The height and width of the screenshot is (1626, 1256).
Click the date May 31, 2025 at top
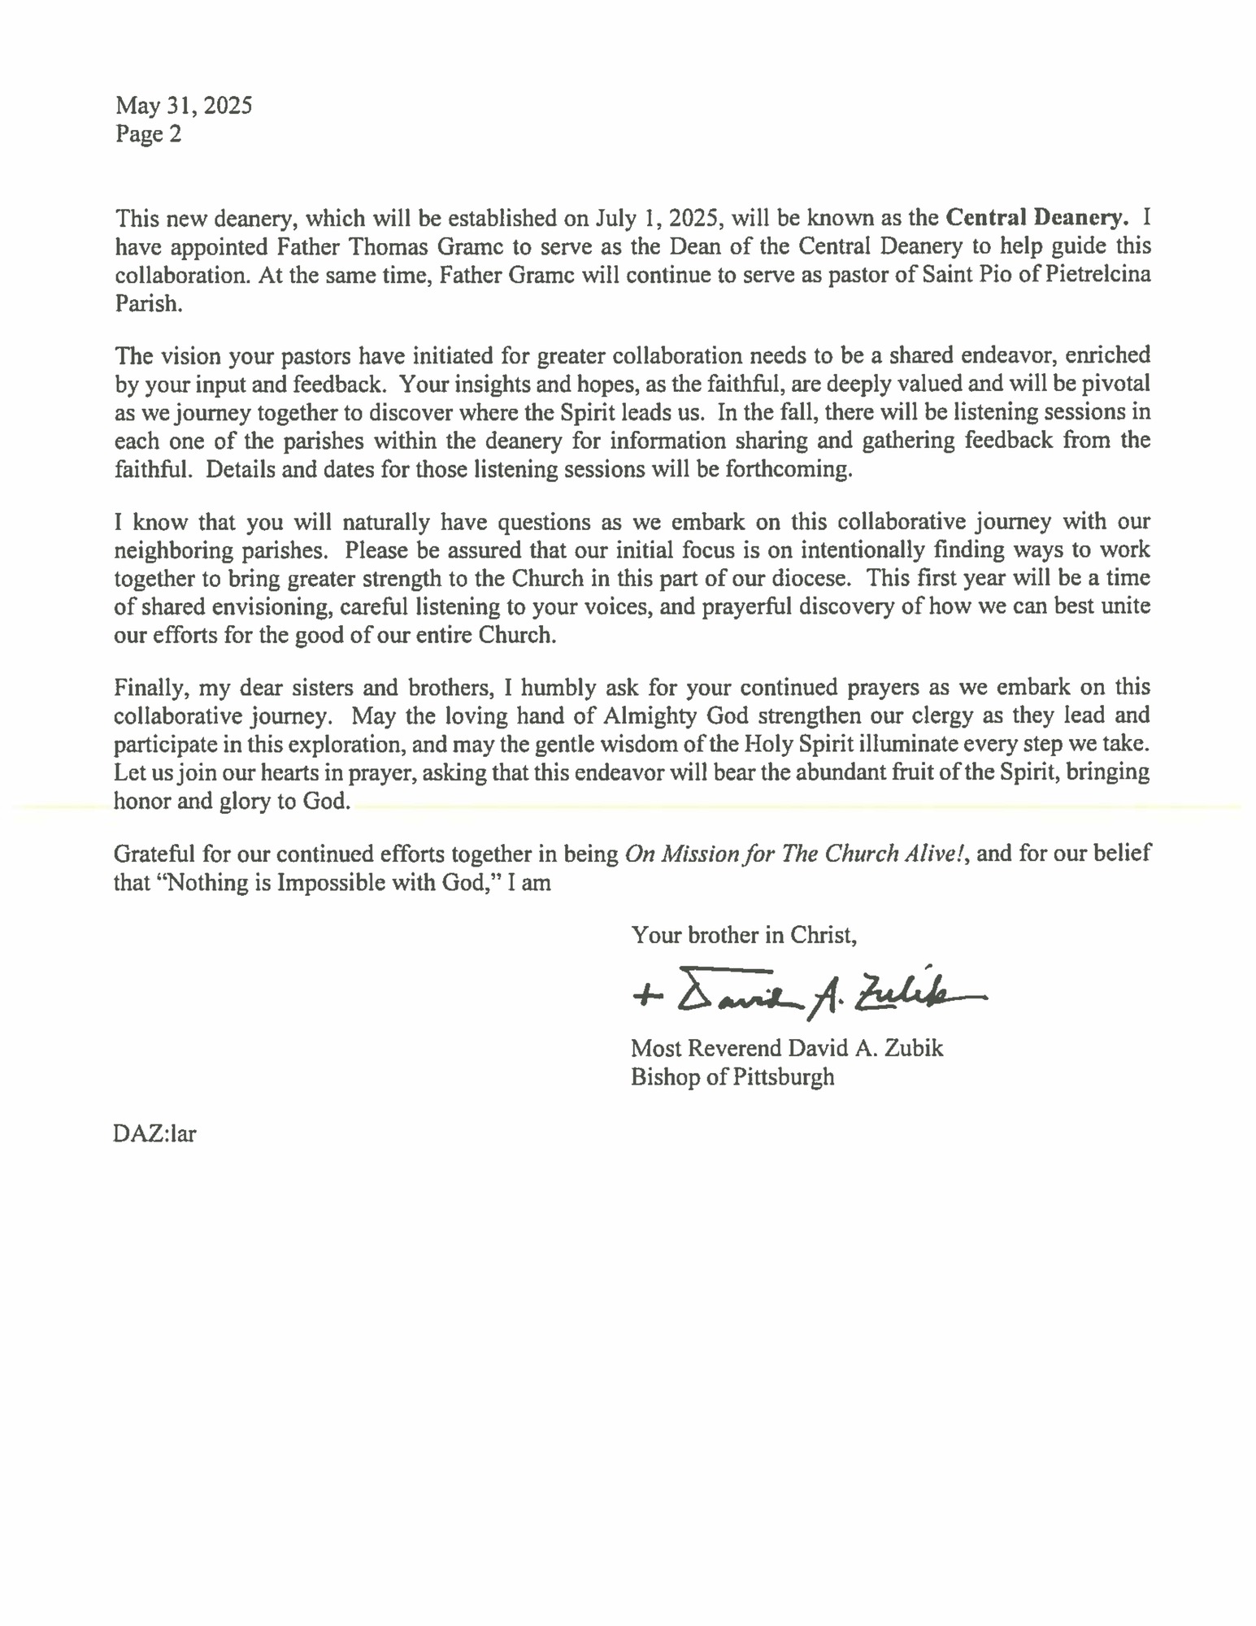pos(184,106)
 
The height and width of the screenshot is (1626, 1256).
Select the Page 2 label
pos(148,134)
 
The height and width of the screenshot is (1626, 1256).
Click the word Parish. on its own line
pos(149,303)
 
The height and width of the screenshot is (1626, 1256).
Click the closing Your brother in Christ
pos(744,936)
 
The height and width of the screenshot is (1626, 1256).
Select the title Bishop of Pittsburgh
pos(732,1077)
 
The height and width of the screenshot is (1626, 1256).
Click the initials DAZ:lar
pos(154,1133)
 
